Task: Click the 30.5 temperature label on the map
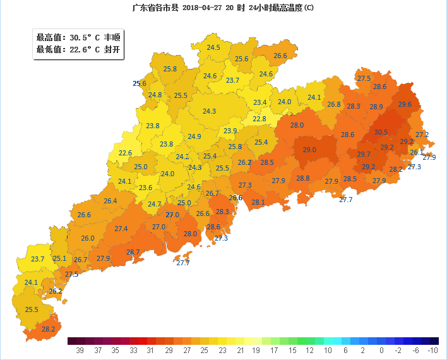[x=381, y=133]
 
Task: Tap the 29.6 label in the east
[x=405, y=104]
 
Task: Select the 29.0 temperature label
[x=309, y=150]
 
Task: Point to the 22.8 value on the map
[x=259, y=119]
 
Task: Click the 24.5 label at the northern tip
[x=213, y=47]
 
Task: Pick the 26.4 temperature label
[x=110, y=201]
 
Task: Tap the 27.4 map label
[x=121, y=229]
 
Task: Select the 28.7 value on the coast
[x=133, y=252]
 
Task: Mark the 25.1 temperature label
[x=59, y=258]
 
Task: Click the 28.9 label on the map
[x=376, y=107]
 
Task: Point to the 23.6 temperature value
[x=146, y=188]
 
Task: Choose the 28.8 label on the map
[x=303, y=179]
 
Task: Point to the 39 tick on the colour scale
[x=80, y=350]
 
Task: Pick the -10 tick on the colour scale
[x=432, y=350]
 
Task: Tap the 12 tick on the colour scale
[x=309, y=350]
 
